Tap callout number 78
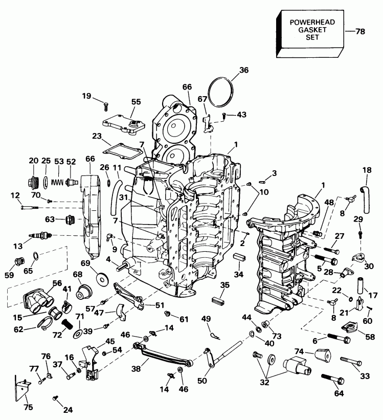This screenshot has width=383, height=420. click(360, 32)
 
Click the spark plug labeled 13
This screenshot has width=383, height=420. click(40, 236)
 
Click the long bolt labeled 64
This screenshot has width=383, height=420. click(332, 380)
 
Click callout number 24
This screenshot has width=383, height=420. click(67, 409)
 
